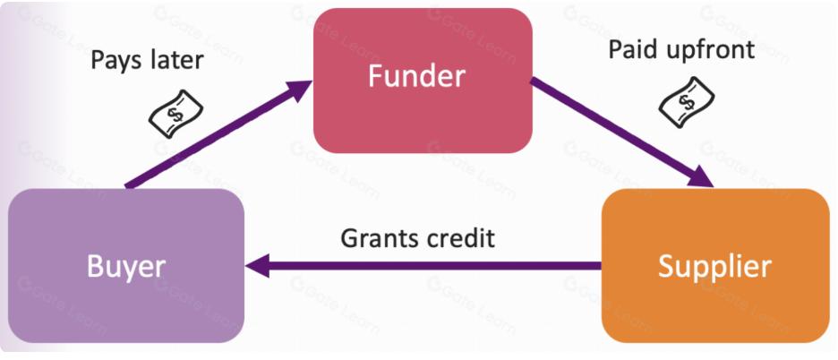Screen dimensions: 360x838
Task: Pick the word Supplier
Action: click(x=714, y=266)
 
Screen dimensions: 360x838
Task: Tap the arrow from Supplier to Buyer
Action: click(x=430, y=265)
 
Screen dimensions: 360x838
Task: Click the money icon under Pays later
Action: click(x=172, y=114)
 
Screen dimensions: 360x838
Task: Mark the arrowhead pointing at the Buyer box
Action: click(x=259, y=265)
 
